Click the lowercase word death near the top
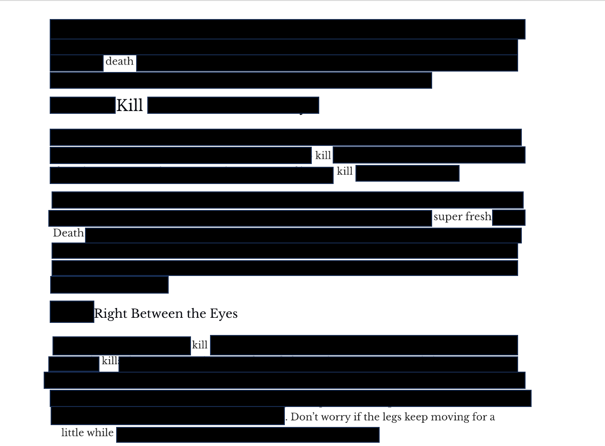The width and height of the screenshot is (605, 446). click(x=119, y=61)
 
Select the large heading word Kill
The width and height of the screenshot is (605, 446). click(x=130, y=105)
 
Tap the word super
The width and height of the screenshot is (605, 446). click(x=448, y=217)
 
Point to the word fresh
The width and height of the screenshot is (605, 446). click(x=478, y=216)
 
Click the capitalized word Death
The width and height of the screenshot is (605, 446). click(x=68, y=233)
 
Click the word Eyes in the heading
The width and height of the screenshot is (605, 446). click(x=224, y=314)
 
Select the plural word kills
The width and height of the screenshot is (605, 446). click(x=110, y=361)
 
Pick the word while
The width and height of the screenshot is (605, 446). click(x=102, y=433)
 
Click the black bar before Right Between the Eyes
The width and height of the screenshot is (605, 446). click(x=72, y=312)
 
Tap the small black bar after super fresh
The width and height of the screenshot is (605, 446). click(x=508, y=217)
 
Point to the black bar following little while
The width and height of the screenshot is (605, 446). click(x=248, y=435)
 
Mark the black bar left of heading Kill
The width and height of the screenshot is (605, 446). click(x=82, y=105)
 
